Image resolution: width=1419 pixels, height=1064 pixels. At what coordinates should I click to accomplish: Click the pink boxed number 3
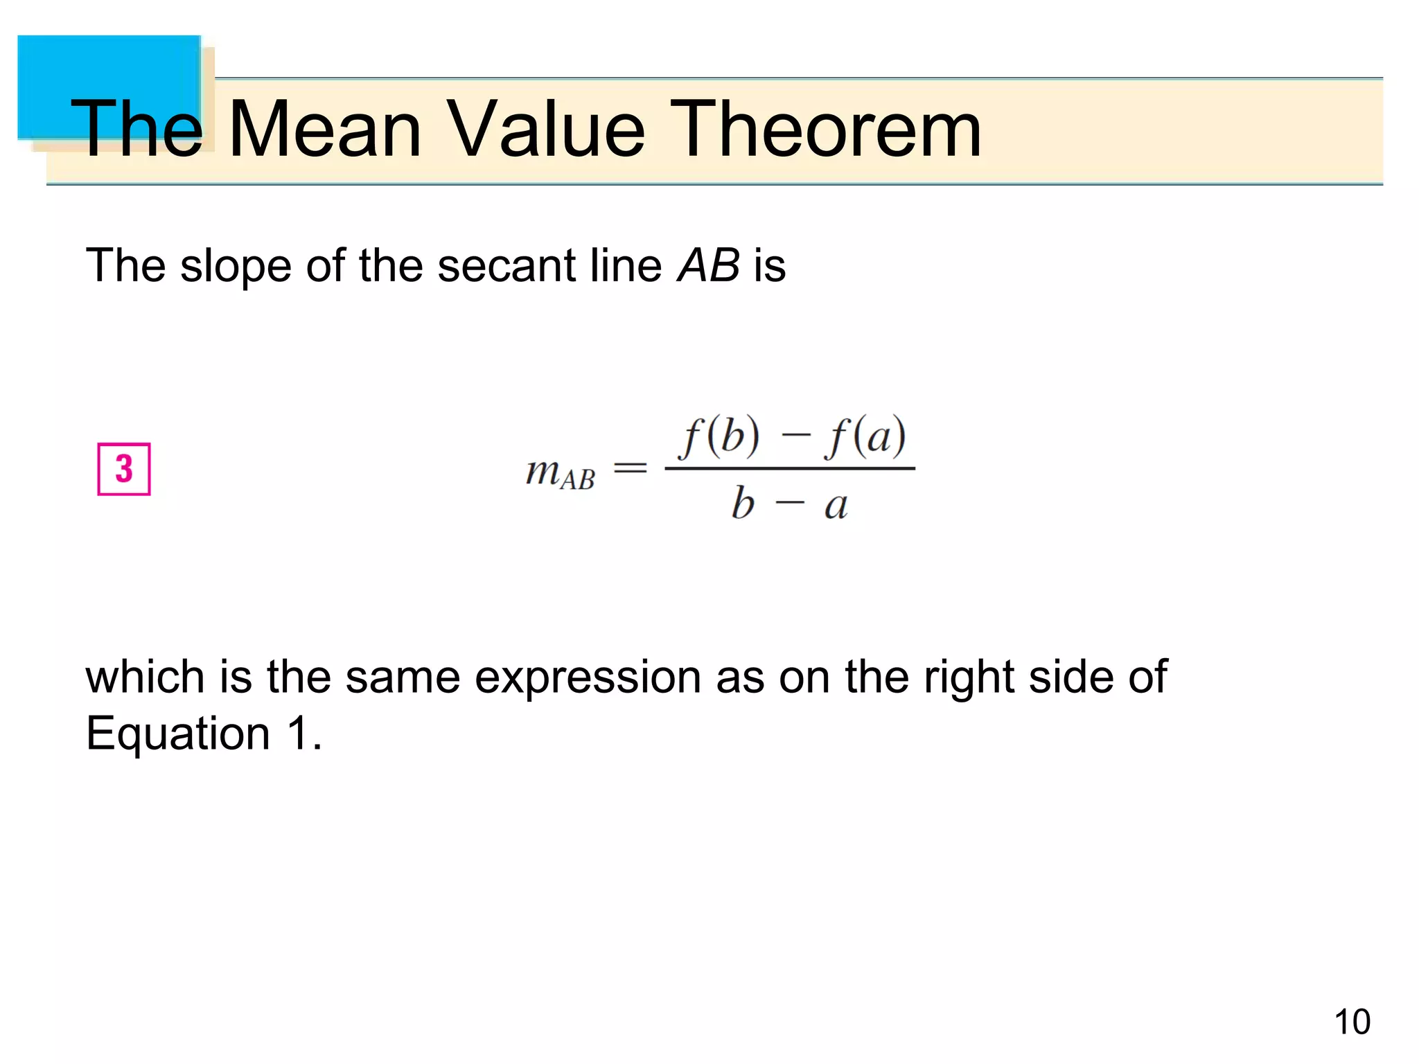pyautogui.click(x=124, y=469)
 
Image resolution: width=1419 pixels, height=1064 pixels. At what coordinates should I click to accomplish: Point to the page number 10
pyautogui.click(x=1352, y=1022)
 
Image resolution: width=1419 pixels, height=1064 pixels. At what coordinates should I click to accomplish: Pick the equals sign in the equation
pyautogui.click(x=631, y=469)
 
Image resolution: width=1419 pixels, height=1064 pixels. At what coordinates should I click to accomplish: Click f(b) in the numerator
pyautogui.click(x=719, y=436)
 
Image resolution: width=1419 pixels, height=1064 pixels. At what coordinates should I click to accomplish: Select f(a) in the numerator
pyautogui.click(x=865, y=436)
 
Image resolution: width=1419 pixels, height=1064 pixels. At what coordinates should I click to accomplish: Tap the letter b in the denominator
pyautogui.click(x=743, y=503)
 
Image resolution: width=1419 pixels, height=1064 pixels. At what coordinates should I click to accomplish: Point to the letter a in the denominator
pyautogui.click(x=836, y=506)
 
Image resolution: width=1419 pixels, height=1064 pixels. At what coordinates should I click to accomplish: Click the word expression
pyautogui.click(x=588, y=677)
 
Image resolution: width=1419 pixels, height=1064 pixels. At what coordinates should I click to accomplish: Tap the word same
pyautogui.click(x=403, y=677)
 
